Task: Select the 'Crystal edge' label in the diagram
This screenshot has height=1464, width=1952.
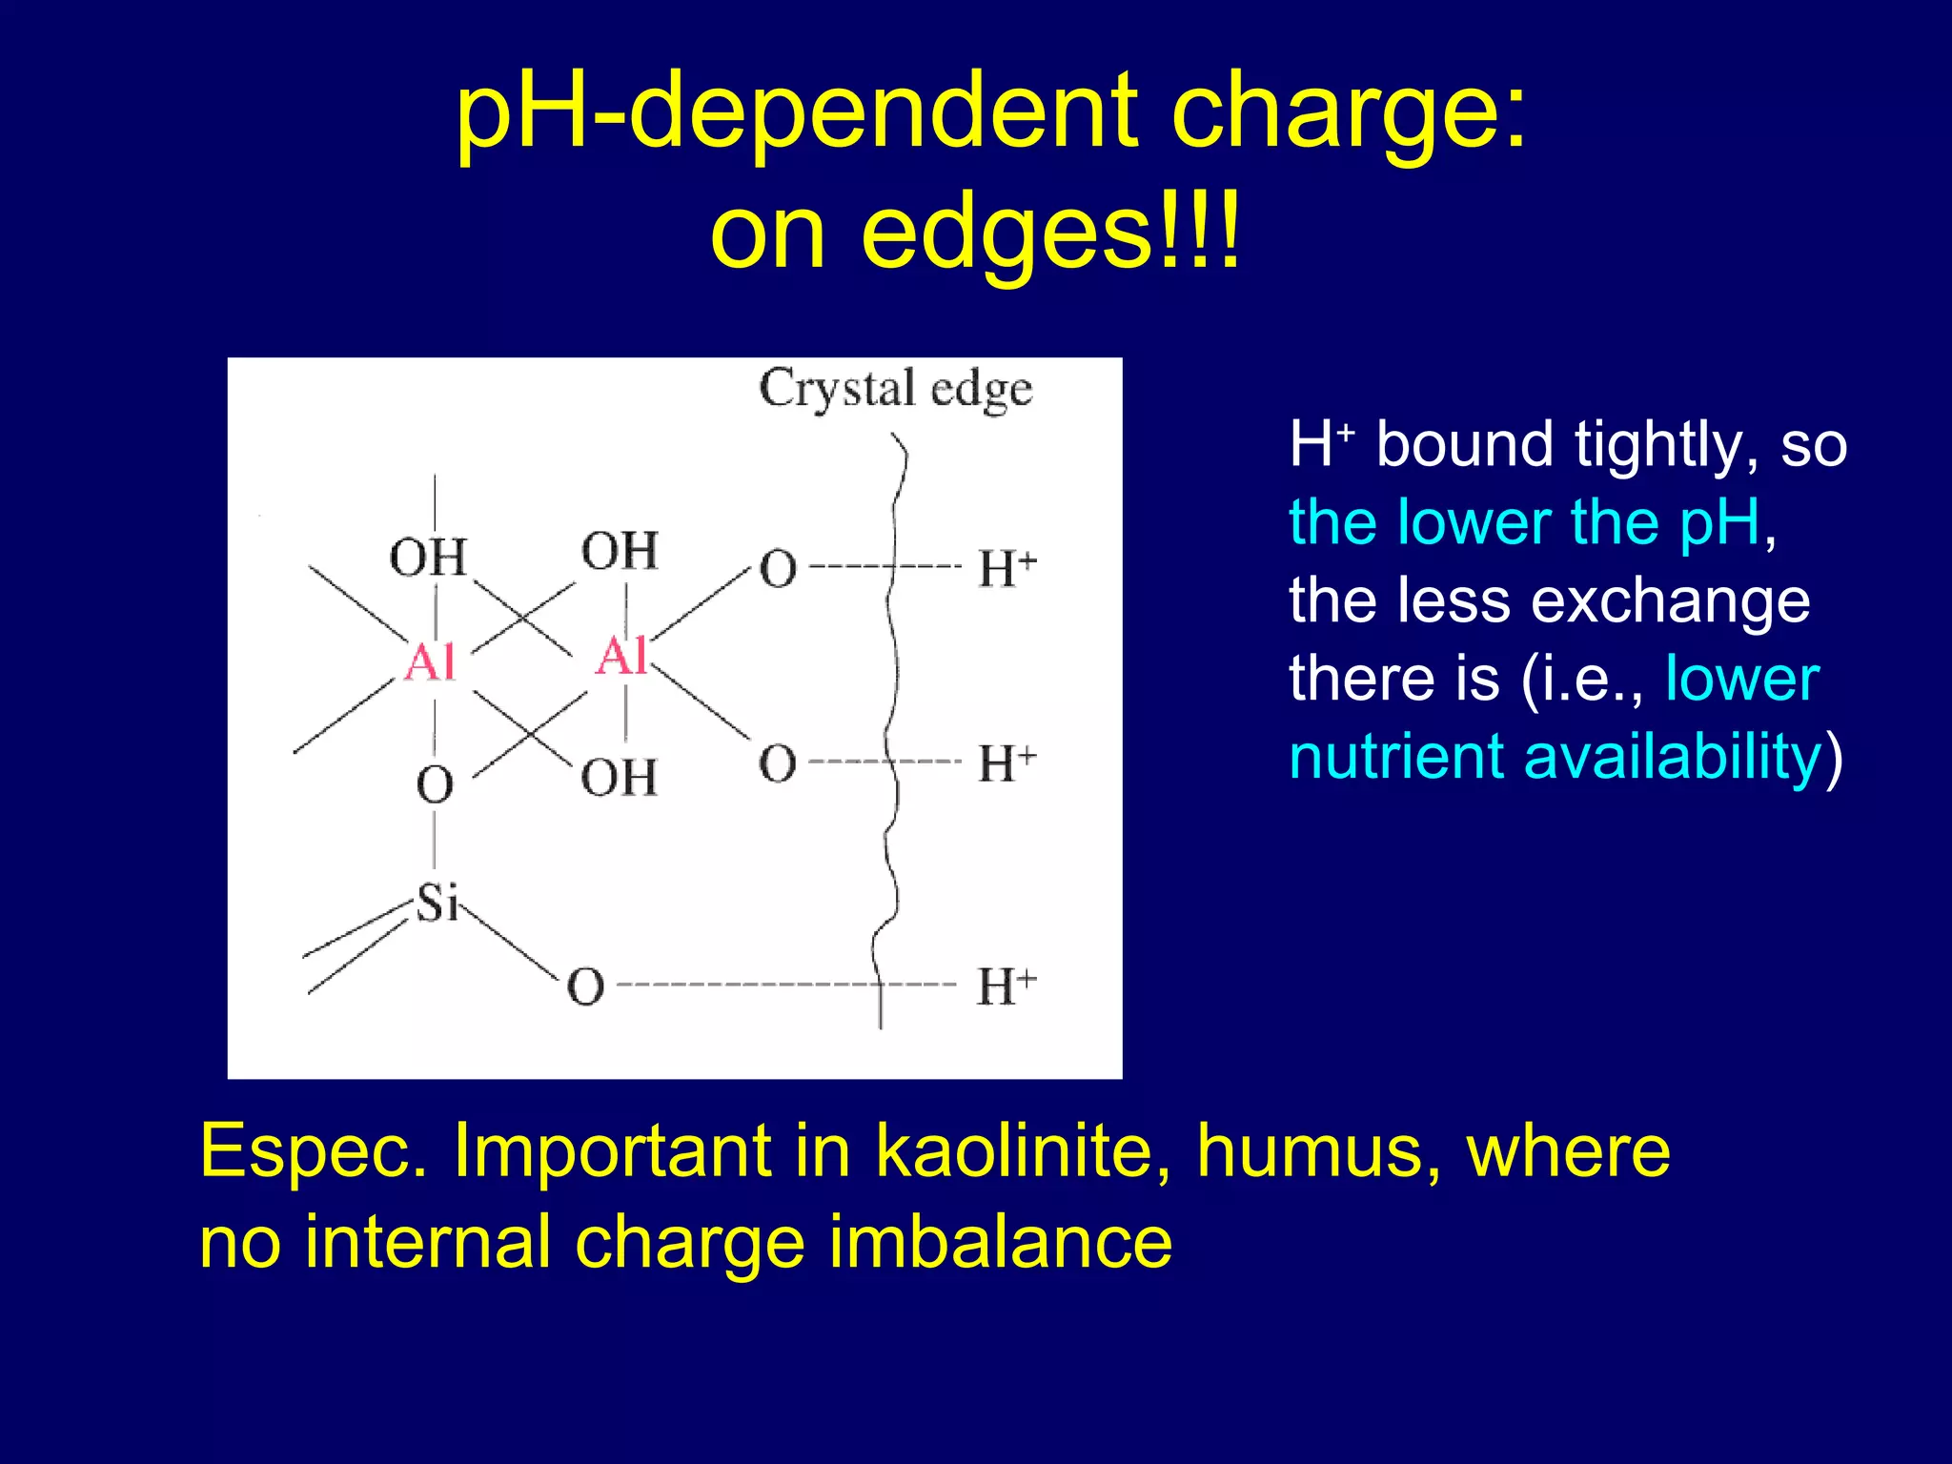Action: (895, 389)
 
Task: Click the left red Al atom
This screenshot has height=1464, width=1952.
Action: (430, 661)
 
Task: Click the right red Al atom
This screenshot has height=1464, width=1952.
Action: (621, 656)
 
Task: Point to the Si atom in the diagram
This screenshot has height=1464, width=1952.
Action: (437, 902)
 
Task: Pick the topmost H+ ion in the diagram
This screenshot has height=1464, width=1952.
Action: (1006, 569)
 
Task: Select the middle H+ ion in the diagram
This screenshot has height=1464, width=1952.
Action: (1006, 763)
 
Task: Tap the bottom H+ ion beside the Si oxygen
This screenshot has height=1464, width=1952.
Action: (1006, 986)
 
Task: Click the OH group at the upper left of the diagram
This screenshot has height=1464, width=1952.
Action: (428, 558)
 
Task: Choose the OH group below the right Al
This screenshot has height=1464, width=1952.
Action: (620, 778)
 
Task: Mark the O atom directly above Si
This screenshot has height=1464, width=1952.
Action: (435, 785)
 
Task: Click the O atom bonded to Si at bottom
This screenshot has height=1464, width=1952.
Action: (585, 987)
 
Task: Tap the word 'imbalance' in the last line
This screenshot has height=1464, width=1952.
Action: (1000, 1243)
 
